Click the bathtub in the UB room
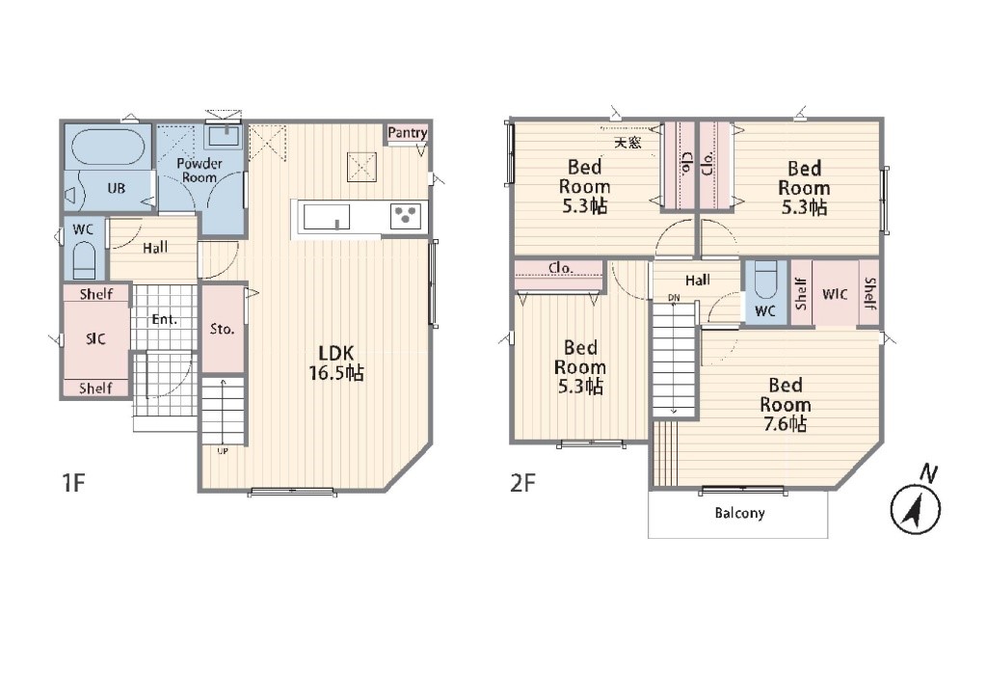point(108,147)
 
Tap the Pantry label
point(408,133)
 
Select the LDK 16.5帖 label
point(336,362)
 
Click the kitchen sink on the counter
point(327,217)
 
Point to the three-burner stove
point(406,216)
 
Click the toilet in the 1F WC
point(83,260)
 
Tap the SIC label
point(95,338)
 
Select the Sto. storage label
point(222,329)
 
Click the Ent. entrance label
point(164,320)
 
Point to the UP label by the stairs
point(223,451)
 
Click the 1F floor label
point(73,483)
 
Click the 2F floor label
point(522,483)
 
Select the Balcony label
point(739,513)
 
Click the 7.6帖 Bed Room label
point(785,404)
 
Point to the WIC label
point(835,294)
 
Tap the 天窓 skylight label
point(627,143)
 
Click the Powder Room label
point(200,170)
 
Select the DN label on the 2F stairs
point(674,297)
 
